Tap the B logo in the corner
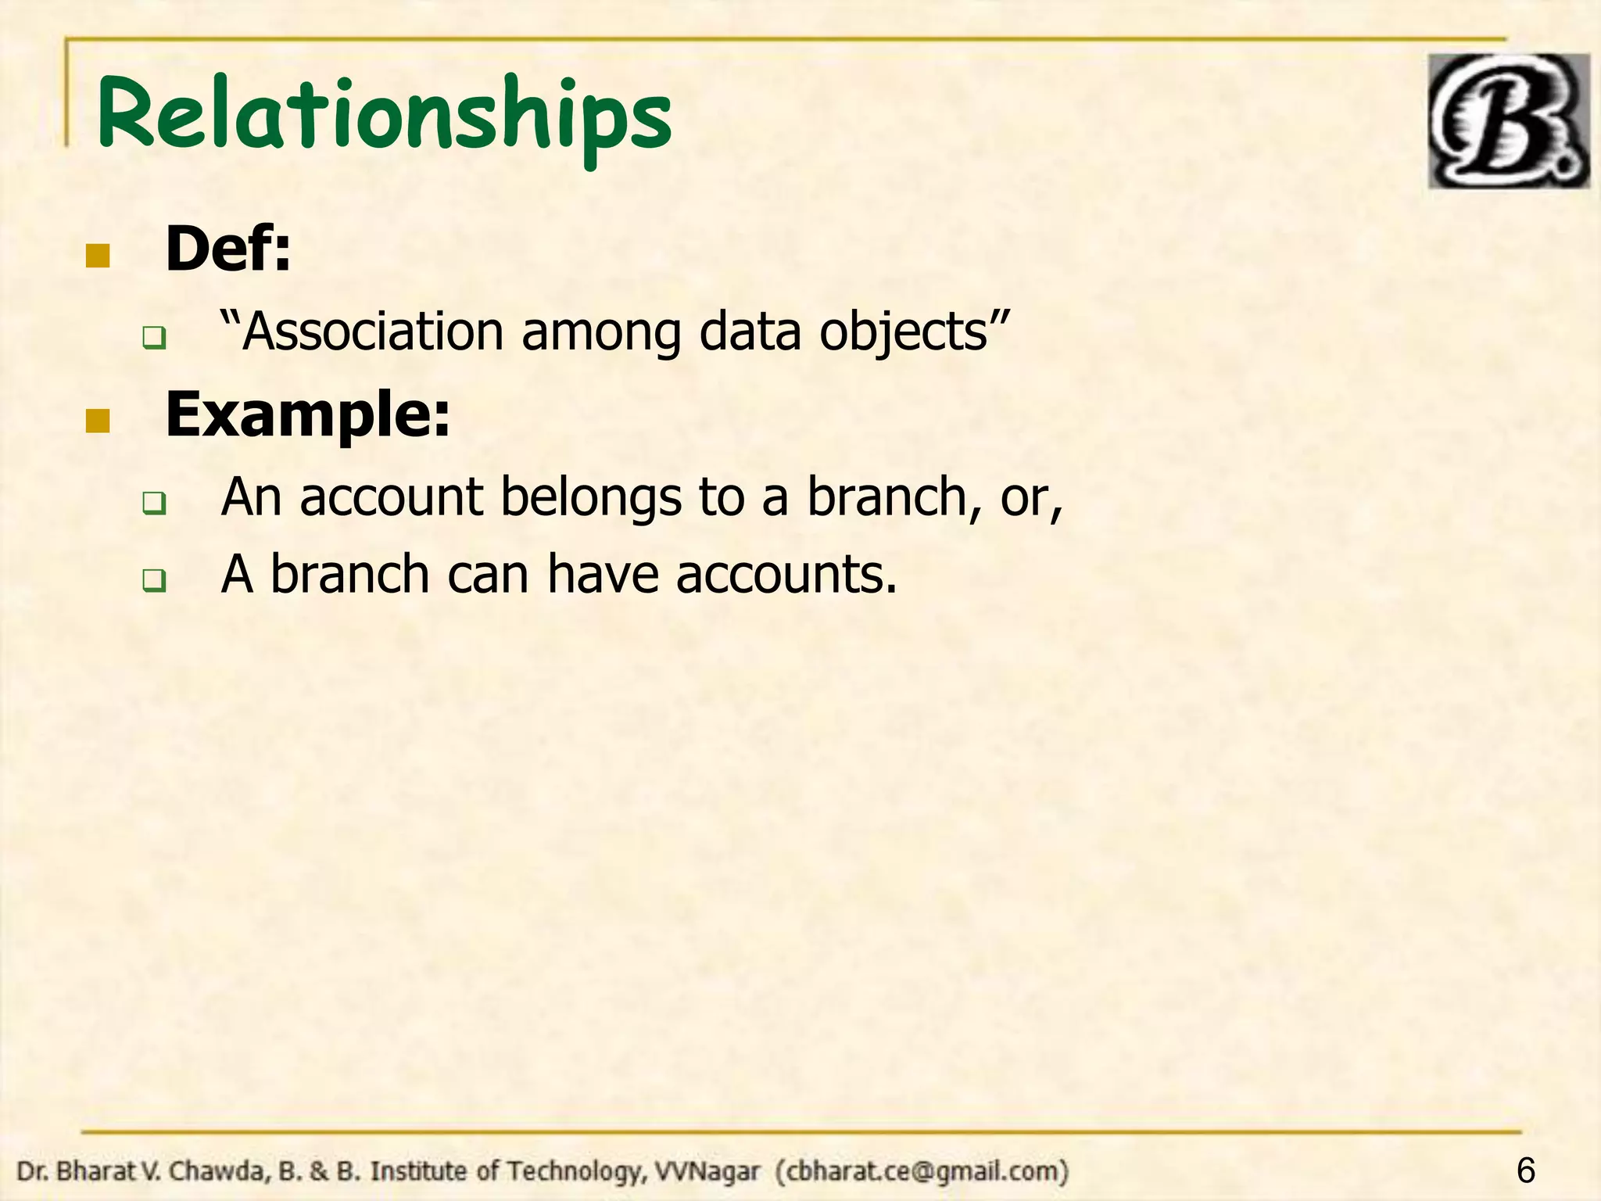(x=1508, y=121)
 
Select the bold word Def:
(x=227, y=249)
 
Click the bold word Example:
(x=308, y=415)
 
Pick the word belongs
(x=591, y=497)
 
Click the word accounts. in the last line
(x=786, y=575)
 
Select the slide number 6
(x=1525, y=1171)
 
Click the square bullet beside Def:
(x=98, y=255)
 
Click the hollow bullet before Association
(x=153, y=339)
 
